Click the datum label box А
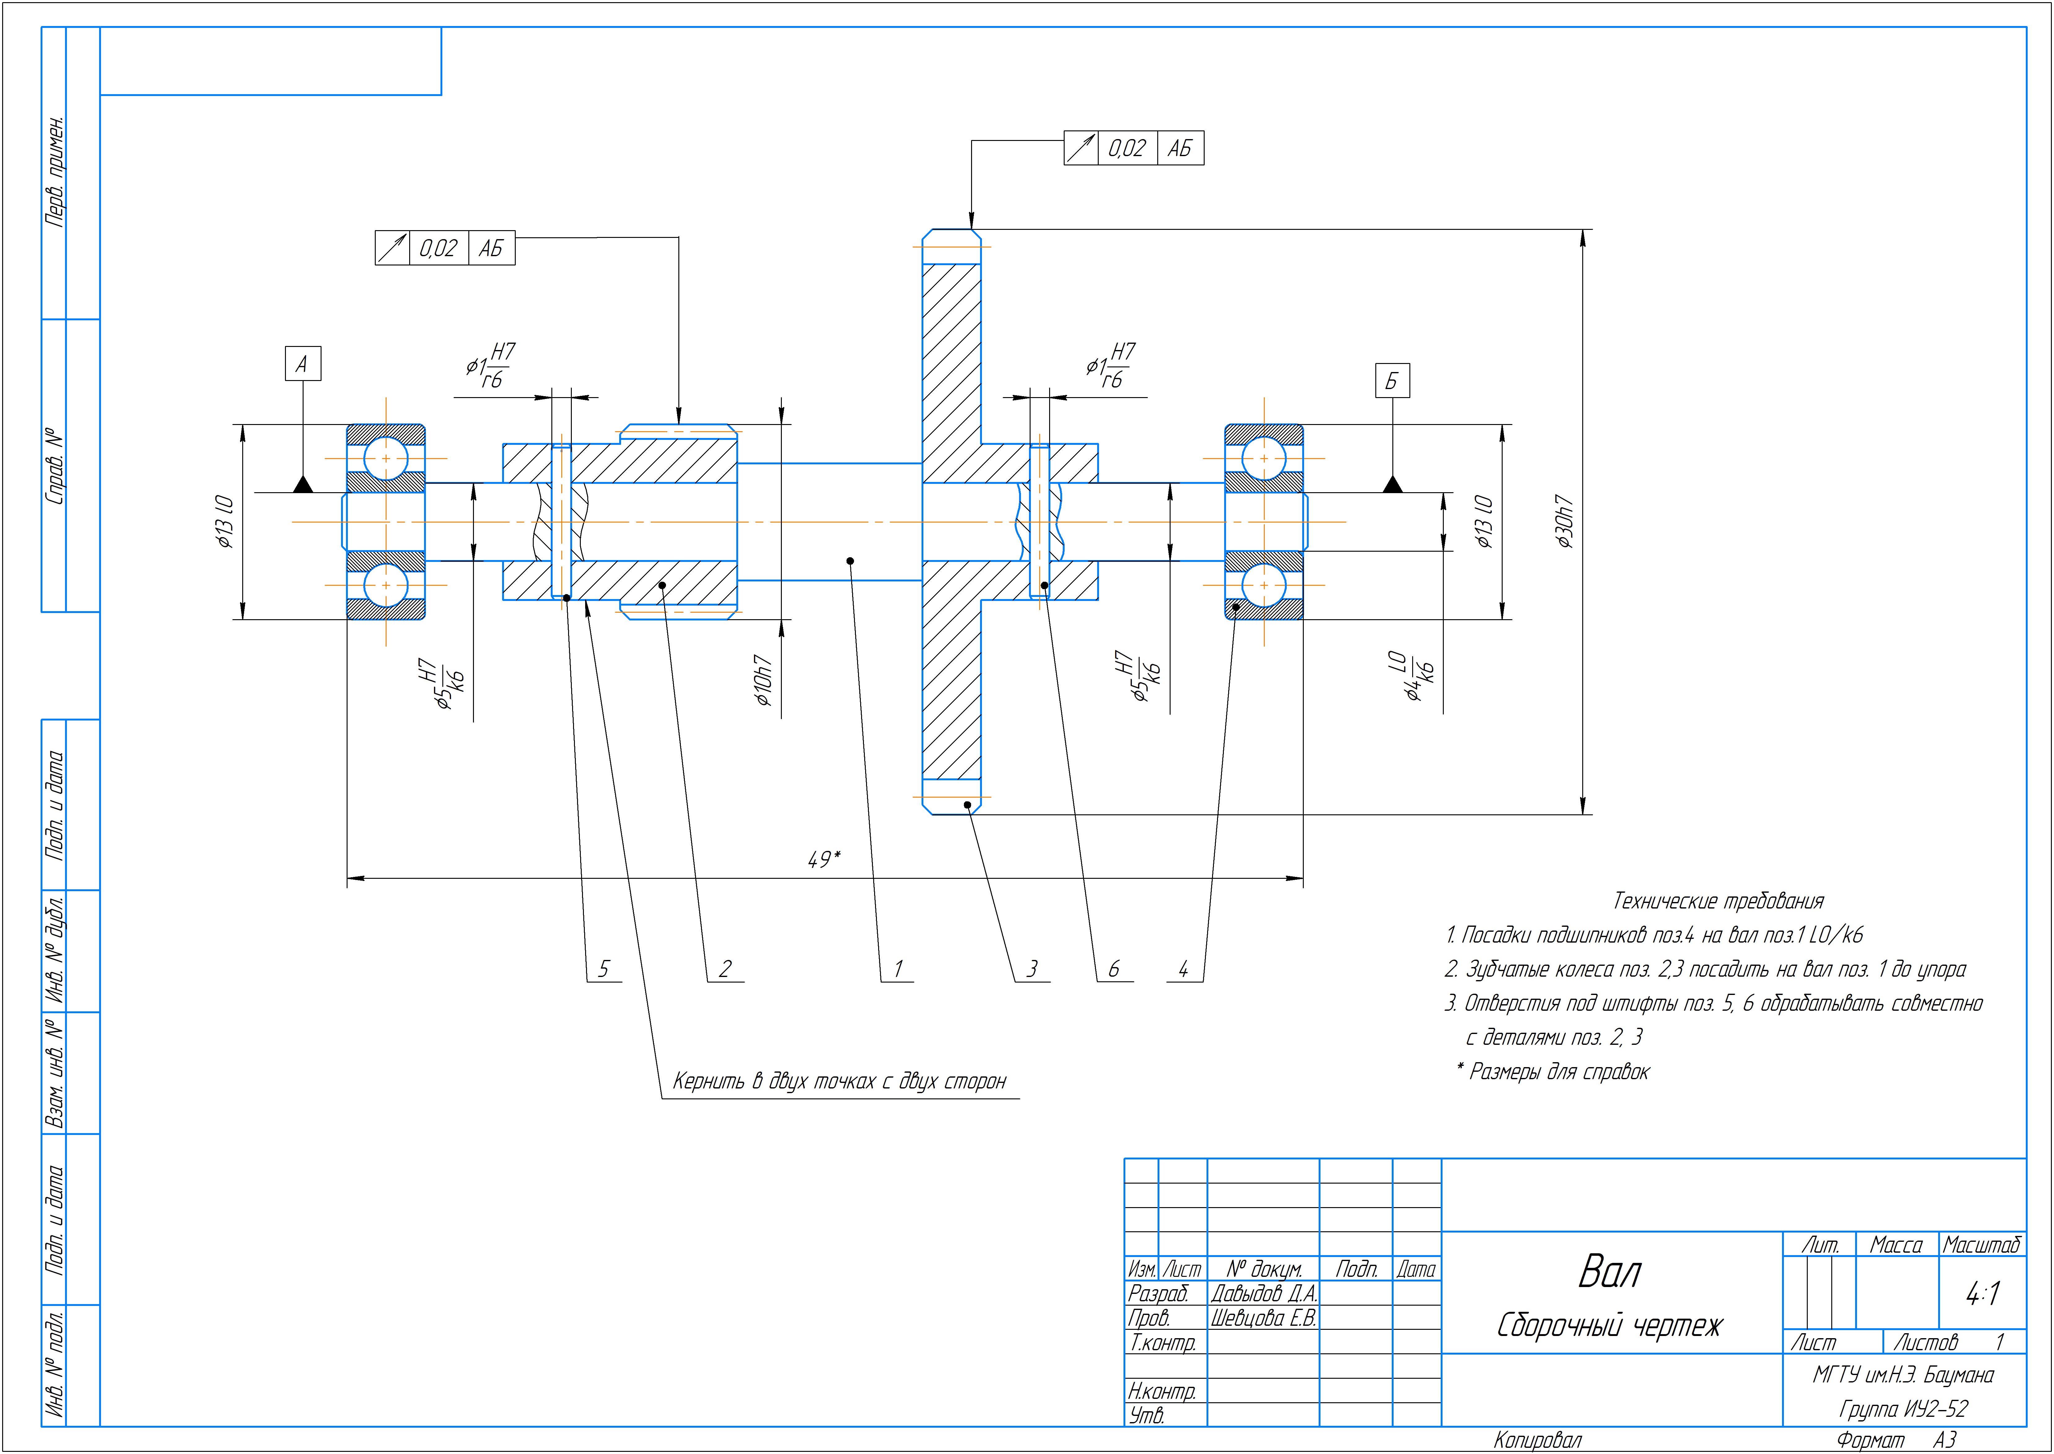303,364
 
